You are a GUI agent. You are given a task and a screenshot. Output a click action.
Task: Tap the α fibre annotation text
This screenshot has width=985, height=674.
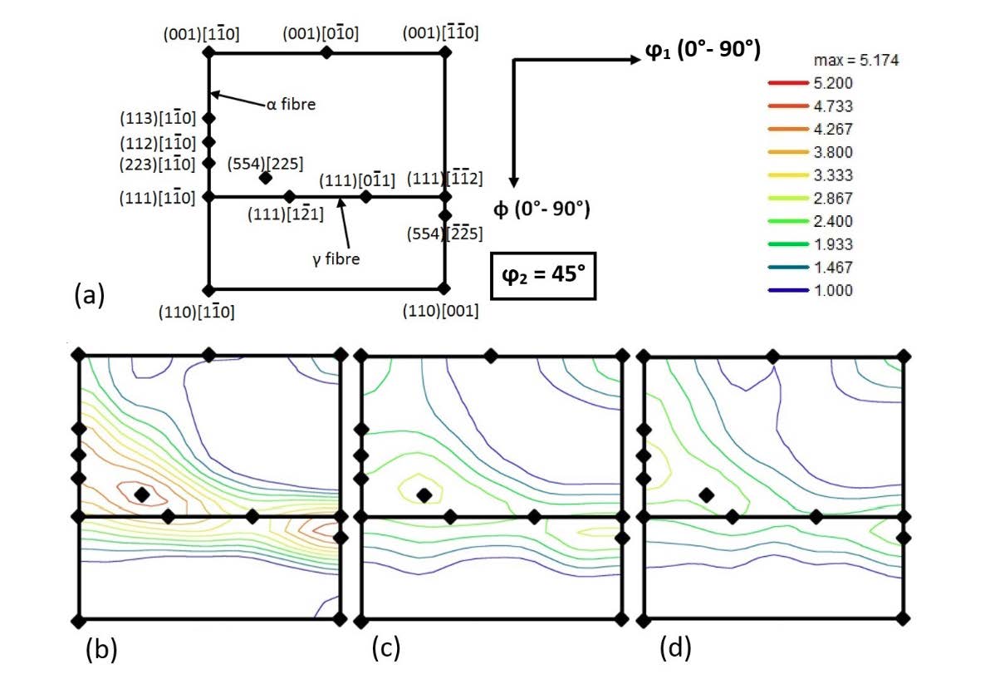(294, 107)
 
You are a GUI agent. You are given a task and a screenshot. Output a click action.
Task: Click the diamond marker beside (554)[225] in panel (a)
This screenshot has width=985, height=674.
(265, 177)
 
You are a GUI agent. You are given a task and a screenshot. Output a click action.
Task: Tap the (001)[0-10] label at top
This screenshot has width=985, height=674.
(320, 34)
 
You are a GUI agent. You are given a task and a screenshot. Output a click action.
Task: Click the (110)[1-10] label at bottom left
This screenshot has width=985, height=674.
(196, 312)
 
